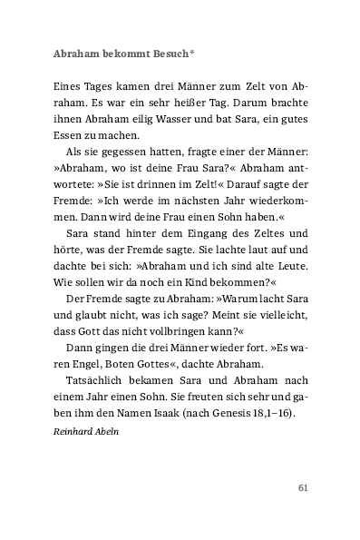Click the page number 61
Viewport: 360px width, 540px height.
point(304,513)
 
